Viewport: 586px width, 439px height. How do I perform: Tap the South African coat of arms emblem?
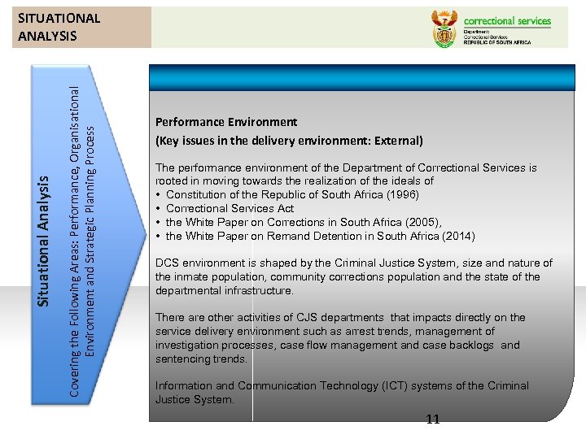click(x=443, y=31)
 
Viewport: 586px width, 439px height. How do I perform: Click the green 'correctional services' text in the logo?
click(x=507, y=21)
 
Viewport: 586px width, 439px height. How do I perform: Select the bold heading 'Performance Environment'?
click(x=226, y=122)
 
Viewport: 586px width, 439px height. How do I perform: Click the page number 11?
click(x=432, y=419)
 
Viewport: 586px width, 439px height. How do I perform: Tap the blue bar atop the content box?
click(x=362, y=77)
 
